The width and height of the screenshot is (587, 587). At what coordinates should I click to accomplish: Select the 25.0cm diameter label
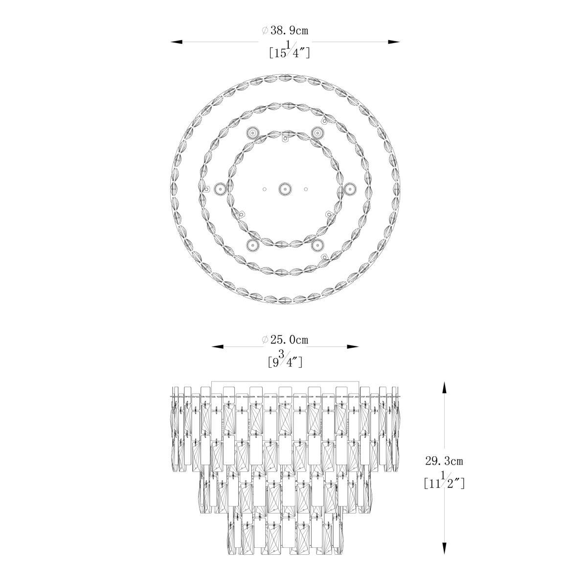pyautogui.click(x=285, y=339)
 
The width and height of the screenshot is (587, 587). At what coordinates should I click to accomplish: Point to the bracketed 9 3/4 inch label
pyautogui.click(x=285, y=361)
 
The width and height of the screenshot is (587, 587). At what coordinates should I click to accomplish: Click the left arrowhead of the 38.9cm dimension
pyautogui.click(x=177, y=42)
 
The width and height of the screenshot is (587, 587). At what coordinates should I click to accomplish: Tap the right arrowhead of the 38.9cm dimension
pyautogui.click(x=394, y=42)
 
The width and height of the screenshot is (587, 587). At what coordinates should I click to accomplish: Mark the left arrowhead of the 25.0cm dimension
pyautogui.click(x=218, y=346)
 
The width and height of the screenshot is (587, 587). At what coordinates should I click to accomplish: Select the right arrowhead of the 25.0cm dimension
pyautogui.click(x=353, y=346)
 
